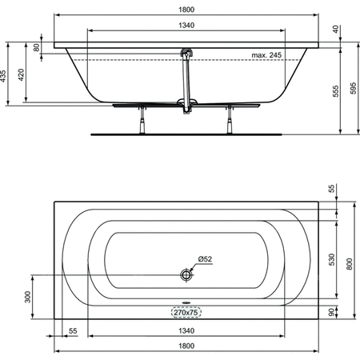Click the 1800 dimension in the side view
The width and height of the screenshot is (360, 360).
[x=186, y=10]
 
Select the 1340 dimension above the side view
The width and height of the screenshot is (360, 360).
[x=186, y=26]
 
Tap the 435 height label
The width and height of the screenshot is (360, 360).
[x=3, y=76]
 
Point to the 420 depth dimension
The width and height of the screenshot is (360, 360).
[x=21, y=74]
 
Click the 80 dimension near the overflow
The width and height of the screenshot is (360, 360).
[x=37, y=47]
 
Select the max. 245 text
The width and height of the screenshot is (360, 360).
[x=266, y=55]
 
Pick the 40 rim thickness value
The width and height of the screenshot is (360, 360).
[x=336, y=29]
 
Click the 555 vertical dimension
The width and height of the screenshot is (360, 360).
[x=336, y=91]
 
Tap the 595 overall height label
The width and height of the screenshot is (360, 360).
[x=353, y=88]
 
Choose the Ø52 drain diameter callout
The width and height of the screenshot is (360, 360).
[x=205, y=259]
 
